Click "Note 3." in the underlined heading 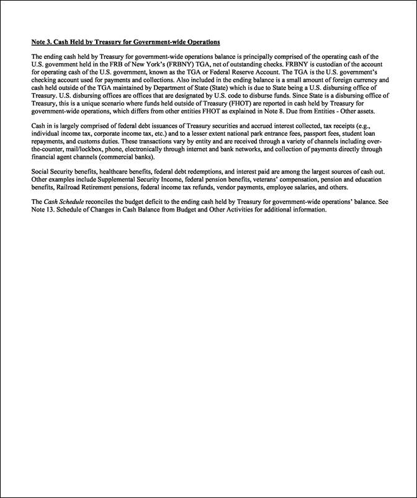[42, 42]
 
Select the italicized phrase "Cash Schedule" [63, 202]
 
